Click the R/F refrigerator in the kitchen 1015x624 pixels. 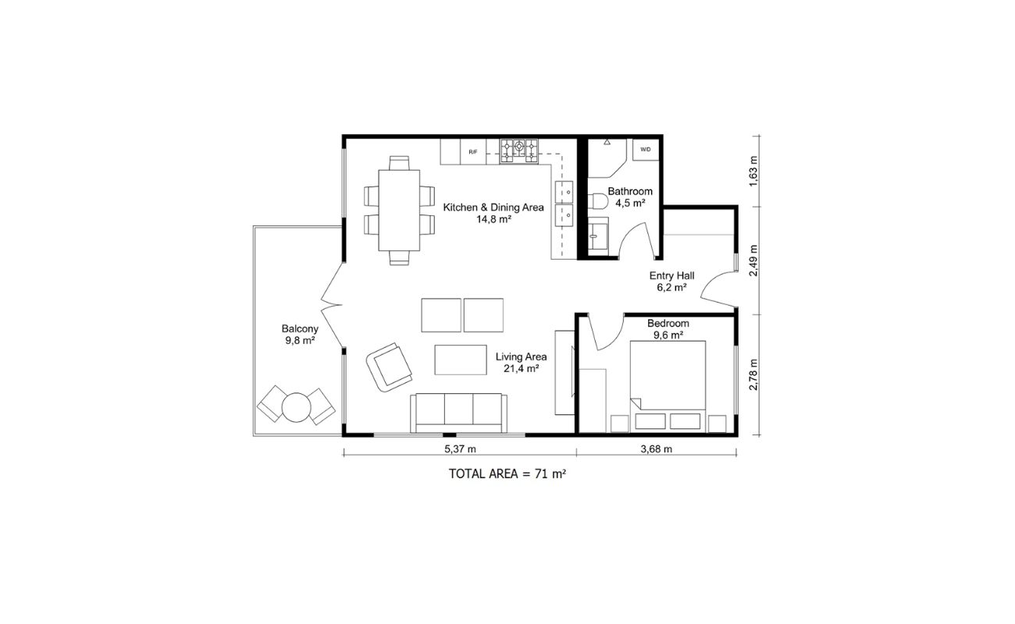point(472,151)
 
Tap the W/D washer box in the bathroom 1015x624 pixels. point(646,149)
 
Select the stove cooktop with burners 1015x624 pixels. point(519,150)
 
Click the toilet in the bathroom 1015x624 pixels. point(597,202)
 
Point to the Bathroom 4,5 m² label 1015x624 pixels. point(630,197)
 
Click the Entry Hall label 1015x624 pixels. point(671,281)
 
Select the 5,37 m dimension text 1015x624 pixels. point(460,448)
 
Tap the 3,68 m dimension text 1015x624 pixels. point(656,448)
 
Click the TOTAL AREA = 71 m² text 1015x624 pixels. point(507,473)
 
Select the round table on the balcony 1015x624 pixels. point(297,406)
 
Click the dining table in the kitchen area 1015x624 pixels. point(398,211)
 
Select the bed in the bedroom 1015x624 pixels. point(668,382)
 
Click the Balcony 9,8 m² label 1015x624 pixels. point(300,335)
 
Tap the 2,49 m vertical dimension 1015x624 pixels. point(753,261)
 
